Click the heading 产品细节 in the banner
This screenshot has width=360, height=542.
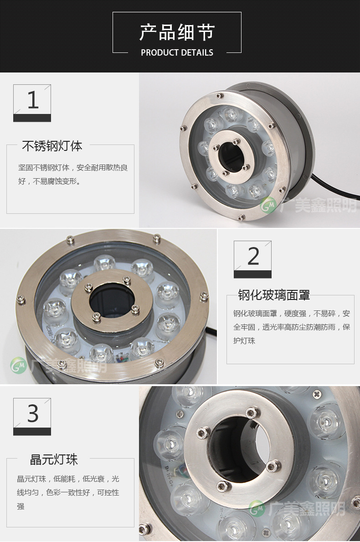[177, 32]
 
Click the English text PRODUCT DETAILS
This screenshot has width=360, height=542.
[177, 52]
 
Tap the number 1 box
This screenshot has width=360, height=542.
[32, 103]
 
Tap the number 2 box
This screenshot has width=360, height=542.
[252, 259]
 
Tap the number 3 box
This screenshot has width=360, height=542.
[32, 417]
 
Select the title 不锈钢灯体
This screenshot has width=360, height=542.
[52, 146]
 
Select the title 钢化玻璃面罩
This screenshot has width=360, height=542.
[274, 295]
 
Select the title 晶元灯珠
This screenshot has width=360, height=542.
[54, 459]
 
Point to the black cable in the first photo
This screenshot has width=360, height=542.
[334, 186]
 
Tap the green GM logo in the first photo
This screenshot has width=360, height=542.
[268, 205]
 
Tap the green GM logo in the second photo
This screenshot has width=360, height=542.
[18, 366]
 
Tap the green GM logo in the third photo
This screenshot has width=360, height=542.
[257, 509]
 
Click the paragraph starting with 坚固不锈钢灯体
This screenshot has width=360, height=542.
[73, 174]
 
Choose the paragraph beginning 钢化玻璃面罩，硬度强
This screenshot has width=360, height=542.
[292, 327]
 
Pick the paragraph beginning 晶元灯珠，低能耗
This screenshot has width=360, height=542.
[68, 492]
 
